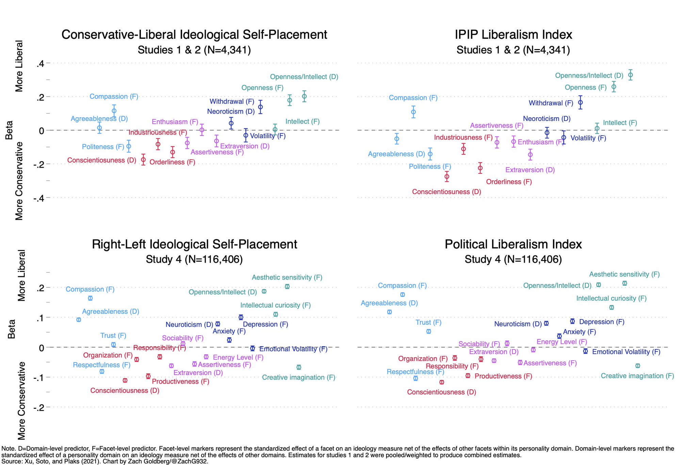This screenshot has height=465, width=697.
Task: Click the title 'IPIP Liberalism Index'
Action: (513, 35)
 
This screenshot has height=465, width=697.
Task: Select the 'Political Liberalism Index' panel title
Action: (513, 244)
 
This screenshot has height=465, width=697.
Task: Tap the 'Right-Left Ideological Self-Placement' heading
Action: (194, 244)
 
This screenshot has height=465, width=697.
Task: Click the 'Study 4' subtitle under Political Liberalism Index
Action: (513, 260)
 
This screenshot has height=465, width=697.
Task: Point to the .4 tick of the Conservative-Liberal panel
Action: (40, 63)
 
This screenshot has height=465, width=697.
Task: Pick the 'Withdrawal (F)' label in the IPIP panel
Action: (551, 103)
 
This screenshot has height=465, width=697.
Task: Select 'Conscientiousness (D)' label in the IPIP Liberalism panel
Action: (447, 192)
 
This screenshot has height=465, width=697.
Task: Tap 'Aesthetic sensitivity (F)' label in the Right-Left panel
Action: (287, 277)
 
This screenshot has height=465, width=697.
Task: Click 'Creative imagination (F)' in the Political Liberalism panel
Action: (637, 376)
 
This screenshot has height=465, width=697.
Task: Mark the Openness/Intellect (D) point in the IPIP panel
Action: (630, 75)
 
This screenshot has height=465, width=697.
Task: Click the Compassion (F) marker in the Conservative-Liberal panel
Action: (114, 111)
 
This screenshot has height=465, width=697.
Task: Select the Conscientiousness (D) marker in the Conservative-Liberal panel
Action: (143, 159)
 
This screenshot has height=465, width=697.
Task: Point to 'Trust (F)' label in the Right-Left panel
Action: (113, 336)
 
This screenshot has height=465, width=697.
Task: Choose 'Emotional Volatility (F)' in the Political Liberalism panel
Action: (626, 352)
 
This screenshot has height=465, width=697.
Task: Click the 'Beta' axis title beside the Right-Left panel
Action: (11, 329)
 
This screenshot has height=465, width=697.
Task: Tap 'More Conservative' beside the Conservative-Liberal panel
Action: (19, 181)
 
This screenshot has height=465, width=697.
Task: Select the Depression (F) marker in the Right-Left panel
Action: (241, 317)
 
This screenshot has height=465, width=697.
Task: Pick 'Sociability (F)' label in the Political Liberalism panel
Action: (479, 344)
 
